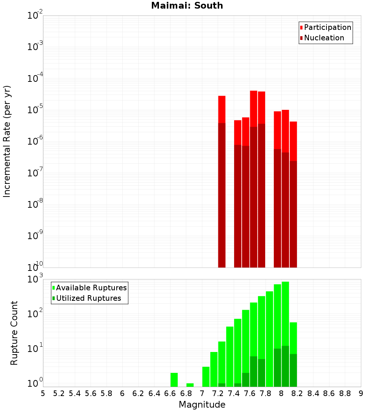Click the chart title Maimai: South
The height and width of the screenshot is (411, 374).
pos(187,6)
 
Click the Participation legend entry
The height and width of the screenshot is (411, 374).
pos(328,28)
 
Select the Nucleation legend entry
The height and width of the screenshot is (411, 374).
pos(324,38)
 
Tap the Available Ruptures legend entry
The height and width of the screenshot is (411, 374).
pos(91,288)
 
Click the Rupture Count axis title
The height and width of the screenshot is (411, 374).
pos(14,333)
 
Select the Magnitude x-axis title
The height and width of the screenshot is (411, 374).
pos(202,405)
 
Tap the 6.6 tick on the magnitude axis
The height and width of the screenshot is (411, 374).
pos(170,393)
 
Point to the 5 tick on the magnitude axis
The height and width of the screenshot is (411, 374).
pos(43,393)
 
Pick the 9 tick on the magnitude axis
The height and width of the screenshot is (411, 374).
pos(361,393)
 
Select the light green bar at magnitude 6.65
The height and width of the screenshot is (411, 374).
pos(174,380)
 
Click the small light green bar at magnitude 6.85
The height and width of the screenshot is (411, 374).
pos(190,385)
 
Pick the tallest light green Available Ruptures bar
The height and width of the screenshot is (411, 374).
pos(285,333)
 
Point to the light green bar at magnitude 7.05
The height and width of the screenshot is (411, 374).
pos(206,377)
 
